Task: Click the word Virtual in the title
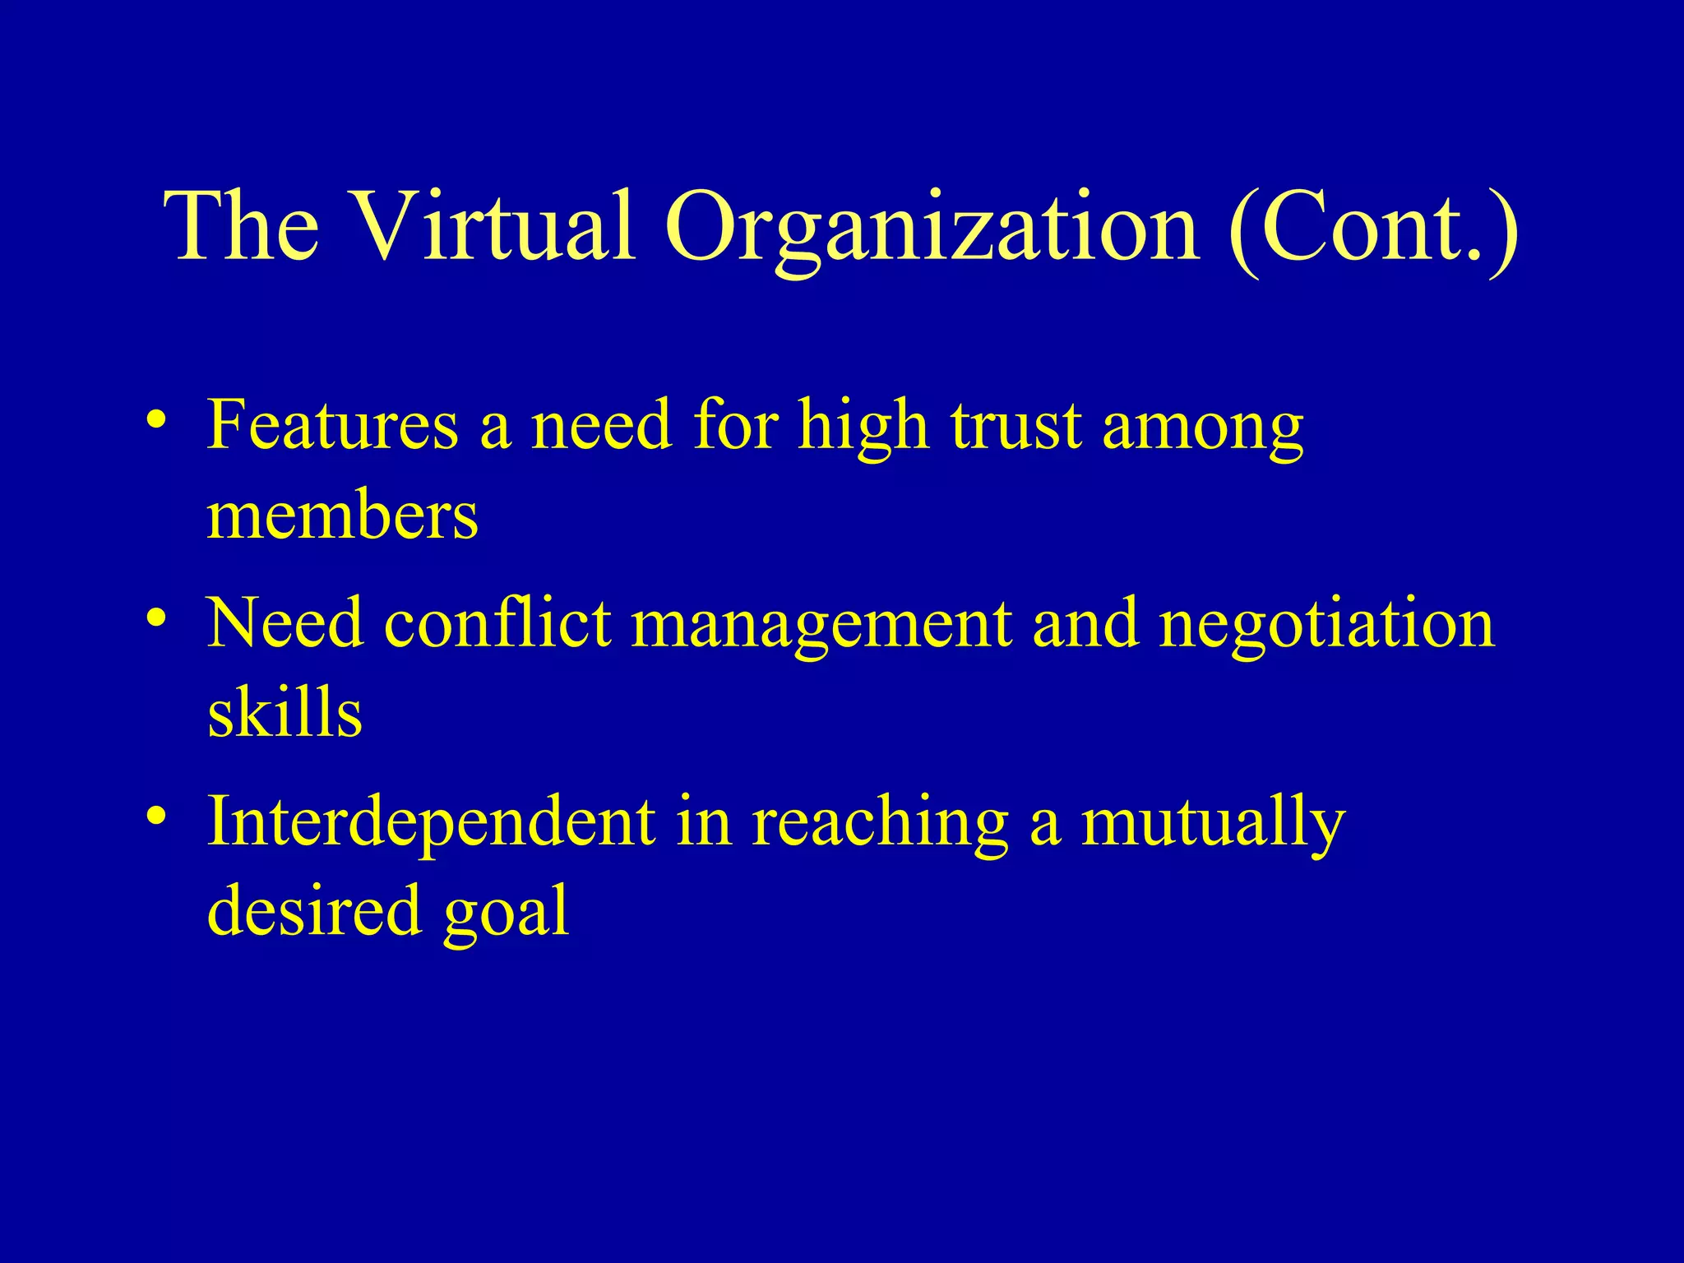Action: click(495, 225)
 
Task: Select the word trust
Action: click(1016, 426)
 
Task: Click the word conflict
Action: click(498, 622)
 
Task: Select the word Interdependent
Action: click(432, 822)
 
